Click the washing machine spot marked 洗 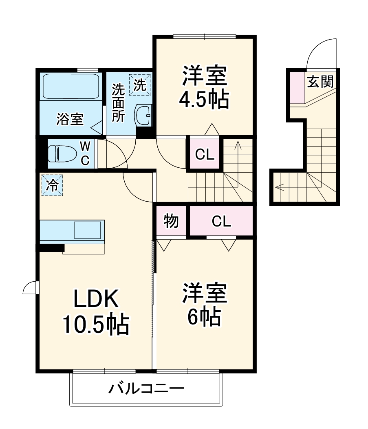[x=140, y=85]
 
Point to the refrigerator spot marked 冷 [x=51, y=185]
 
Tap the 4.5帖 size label [x=203, y=99]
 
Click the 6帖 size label [x=204, y=316]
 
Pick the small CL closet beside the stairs [x=205, y=154]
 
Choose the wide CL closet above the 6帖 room [x=221, y=221]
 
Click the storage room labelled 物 [x=171, y=221]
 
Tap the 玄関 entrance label [x=320, y=82]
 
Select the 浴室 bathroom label [x=70, y=120]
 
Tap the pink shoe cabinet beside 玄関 [x=297, y=88]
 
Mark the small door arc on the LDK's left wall [x=29, y=288]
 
